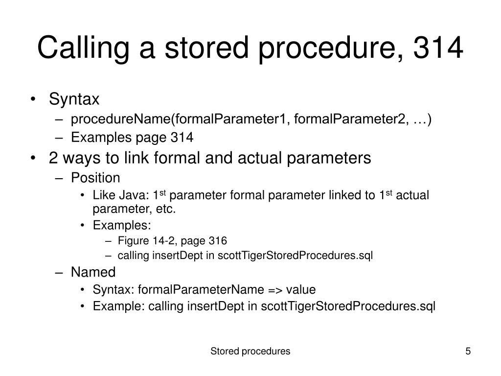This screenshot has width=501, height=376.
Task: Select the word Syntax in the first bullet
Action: tap(74, 99)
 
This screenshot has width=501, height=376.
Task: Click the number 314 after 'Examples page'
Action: tap(182, 138)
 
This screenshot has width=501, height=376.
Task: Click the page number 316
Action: tap(218, 240)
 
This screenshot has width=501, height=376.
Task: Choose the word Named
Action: tap(93, 272)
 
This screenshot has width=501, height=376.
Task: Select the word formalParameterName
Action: tap(202, 289)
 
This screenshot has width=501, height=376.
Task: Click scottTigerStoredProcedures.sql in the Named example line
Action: tap(348, 306)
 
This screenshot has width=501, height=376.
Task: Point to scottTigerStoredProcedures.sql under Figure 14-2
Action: tap(295, 256)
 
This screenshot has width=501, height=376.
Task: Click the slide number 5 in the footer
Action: tap(468, 351)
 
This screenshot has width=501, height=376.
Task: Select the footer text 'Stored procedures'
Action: tap(250, 351)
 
